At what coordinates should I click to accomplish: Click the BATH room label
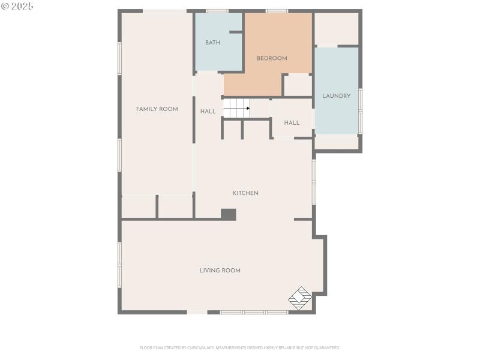coord(212,43)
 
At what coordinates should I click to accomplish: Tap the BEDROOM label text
coord(272,58)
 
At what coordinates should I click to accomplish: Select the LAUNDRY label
coord(336,96)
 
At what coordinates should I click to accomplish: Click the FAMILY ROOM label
coord(157,109)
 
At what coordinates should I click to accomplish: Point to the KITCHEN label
coord(245,193)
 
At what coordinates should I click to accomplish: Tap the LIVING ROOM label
coord(220,271)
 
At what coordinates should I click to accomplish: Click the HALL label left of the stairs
coord(208,112)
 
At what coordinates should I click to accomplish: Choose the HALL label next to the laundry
coord(292,123)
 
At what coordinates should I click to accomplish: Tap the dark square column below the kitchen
coord(228,214)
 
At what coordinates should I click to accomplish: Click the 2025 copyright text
coord(17,6)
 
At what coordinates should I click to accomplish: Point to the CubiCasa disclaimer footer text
coord(240,347)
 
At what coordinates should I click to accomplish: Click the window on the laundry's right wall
coord(360,111)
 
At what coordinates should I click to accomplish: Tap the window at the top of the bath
coord(217,11)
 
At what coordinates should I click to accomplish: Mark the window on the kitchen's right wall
coord(314,180)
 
